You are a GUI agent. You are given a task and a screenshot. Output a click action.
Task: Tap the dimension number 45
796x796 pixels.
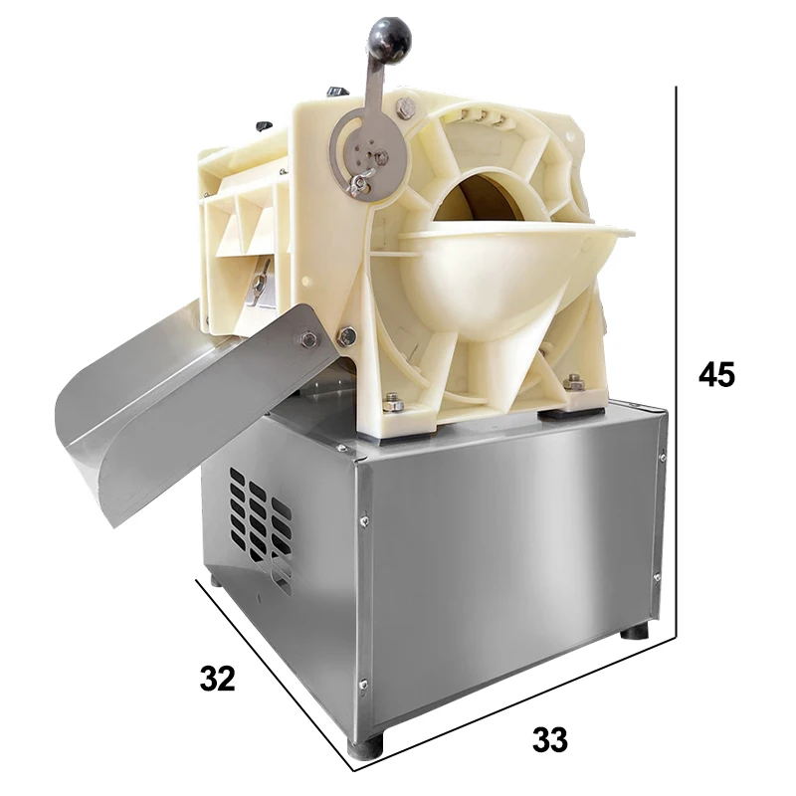(x=716, y=375)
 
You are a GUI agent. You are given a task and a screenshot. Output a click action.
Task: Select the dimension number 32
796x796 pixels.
(x=218, y=679)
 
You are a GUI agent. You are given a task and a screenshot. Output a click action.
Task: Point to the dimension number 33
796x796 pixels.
(x=550, y=739)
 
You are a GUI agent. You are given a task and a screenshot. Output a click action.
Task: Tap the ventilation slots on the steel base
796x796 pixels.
(x=260, y=528)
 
